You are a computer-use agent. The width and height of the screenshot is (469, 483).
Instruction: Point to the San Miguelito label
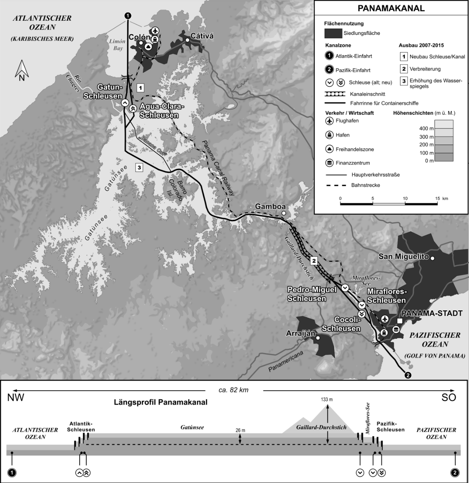[x=403, y=256]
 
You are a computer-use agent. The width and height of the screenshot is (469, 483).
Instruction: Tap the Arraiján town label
[x=300, y=334]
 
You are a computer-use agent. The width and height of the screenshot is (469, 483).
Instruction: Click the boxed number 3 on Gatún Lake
[x=139, y=167]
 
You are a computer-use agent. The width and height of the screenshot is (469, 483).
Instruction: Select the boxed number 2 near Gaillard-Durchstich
[x=314, y=261]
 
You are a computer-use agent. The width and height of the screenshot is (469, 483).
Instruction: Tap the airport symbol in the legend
[x=329, y=121]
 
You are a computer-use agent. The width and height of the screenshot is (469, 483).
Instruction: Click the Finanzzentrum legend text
[x=353, y=163]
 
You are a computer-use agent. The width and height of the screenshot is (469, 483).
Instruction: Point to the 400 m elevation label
[x=426, y=129]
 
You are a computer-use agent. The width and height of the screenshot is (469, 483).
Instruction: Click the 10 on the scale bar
[x=405, y=198]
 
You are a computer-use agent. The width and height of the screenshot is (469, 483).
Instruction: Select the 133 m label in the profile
[x=327, y=400]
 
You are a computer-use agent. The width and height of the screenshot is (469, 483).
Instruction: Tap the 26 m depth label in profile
[x=240, y=430]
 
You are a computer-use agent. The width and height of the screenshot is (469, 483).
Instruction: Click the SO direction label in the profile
[x=449, y=398]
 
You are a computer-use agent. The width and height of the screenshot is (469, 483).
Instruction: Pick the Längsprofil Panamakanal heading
[x=161, y=402]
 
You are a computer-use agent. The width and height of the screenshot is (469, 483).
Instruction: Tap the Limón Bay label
[x=117, y=45]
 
